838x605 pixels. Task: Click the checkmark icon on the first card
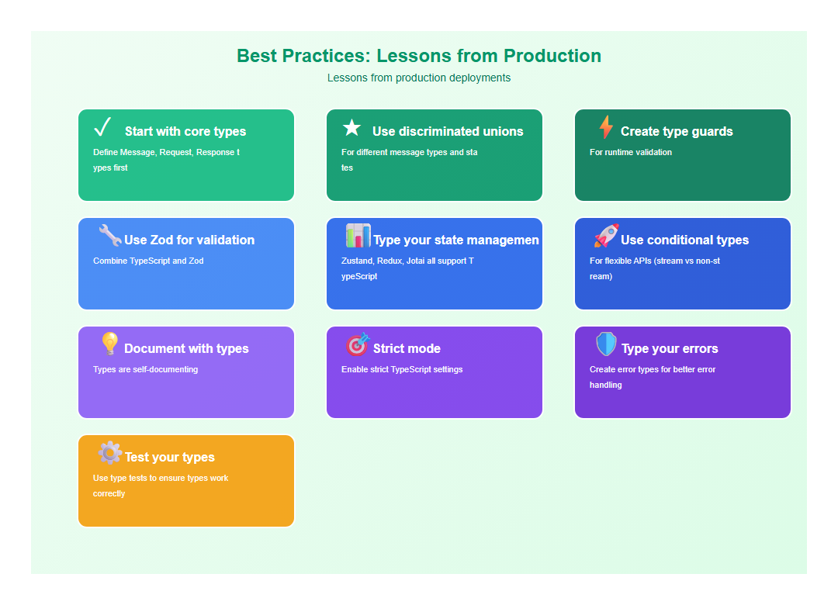[102, 126]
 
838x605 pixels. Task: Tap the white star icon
[351, 128]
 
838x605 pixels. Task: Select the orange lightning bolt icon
[606, 127]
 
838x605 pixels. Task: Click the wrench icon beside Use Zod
[110, 236]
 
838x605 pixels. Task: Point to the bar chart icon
[358, 236]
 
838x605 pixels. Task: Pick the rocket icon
[606, 236]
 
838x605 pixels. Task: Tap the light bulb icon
[110, 344]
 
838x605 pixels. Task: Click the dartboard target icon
[358, 344]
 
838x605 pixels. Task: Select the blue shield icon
[606, 344]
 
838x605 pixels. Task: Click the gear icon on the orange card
[110, 453]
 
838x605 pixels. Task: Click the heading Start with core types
[185, 132]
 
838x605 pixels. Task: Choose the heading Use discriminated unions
[448, 132]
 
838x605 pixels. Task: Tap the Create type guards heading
[677, 132]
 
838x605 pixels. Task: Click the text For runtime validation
[631, 153]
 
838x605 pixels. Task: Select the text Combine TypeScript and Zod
[148, 261]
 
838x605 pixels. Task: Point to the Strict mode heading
[407, 349]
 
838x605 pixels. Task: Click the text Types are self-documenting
[145, 370]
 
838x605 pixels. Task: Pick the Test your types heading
[170, 458]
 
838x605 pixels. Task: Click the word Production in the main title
[552, 56]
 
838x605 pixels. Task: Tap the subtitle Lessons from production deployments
[419, 78]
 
